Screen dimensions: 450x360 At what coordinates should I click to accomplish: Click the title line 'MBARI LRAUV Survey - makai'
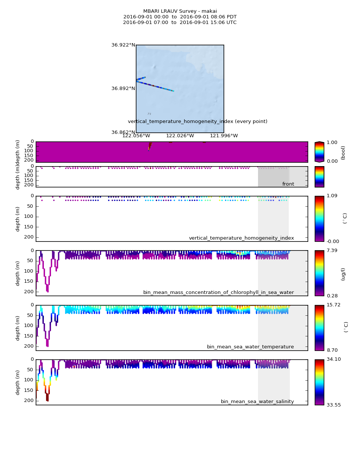[180, 11]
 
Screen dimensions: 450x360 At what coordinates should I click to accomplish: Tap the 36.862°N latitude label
[123, 132]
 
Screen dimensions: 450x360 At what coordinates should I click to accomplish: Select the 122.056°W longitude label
[136, 136]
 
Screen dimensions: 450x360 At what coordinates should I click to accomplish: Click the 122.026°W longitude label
[180, 136]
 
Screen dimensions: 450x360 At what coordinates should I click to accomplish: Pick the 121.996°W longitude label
[224, 136]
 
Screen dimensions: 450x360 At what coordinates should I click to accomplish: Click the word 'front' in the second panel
[288, 184]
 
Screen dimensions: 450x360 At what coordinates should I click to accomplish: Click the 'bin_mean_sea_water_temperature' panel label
[250, 347]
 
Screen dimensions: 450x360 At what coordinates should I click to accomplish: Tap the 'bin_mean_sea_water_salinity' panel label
[257, 402]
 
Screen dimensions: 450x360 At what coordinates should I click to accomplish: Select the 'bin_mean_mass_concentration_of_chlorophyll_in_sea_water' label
[218, 292]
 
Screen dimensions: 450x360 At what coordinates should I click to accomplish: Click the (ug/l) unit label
[343, 274]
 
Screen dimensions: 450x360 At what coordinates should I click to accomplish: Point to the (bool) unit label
[343, 152]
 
